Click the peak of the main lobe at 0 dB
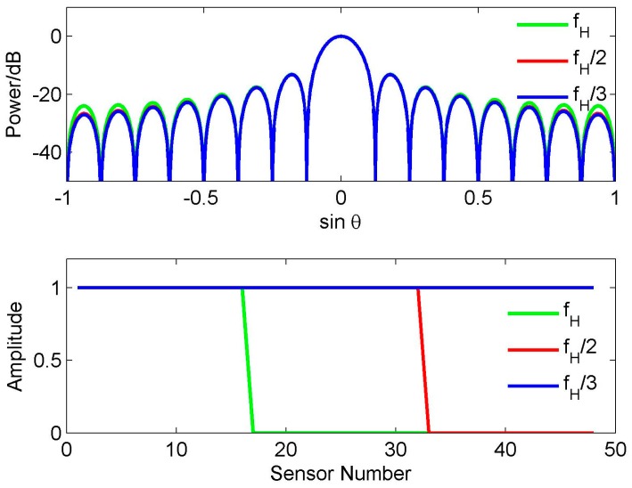(340, 37)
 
